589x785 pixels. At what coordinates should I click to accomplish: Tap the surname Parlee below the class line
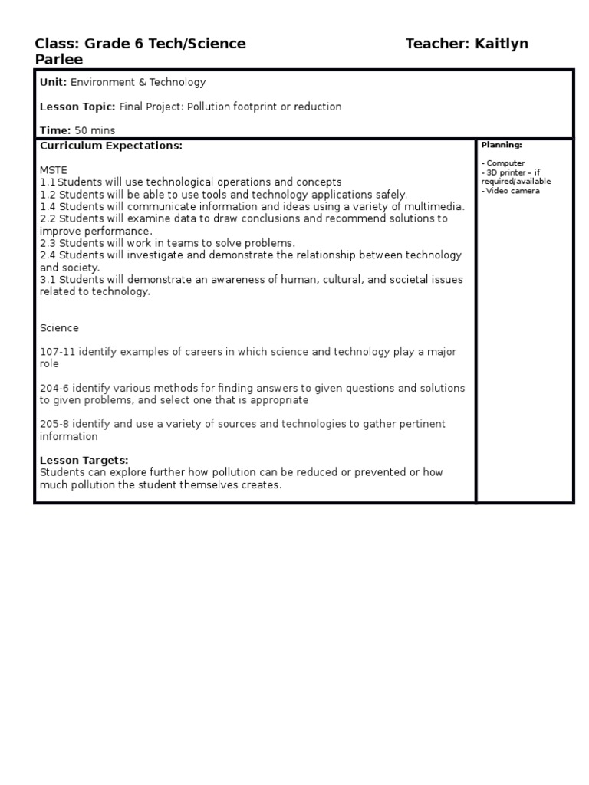coord(59,60)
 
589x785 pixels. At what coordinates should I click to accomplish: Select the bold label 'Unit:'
coord(54,82)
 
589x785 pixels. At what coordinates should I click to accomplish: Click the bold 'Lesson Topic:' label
coord(77,107)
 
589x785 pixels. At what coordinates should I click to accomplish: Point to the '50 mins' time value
coord(94,131)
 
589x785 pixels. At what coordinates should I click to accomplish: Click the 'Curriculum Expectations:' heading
coord(111,145)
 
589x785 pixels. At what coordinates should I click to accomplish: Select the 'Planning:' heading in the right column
coord(502,145)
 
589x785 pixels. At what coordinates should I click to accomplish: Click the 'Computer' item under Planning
coord(505,163)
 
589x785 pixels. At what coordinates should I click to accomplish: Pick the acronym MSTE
coord(54,169)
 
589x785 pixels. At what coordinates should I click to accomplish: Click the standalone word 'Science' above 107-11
coord(59,328)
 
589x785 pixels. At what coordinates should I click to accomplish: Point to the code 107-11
coord(56,352)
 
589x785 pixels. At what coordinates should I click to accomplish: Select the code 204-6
coord(53,388)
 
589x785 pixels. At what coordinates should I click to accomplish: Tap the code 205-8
coord(53,424)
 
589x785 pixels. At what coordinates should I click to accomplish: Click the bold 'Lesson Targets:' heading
coord(84,460)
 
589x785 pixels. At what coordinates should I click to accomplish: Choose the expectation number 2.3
coord(48,243)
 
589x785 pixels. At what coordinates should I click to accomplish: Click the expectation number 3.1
coord(48,279)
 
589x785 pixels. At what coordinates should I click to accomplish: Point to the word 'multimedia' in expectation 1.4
coord(437,206)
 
